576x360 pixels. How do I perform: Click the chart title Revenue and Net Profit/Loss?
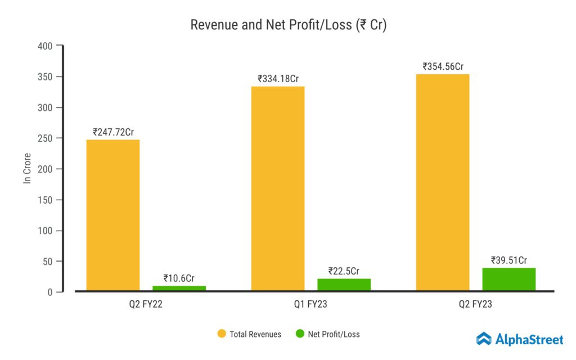coord(288,25)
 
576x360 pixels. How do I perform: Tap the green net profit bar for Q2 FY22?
coord(179,288)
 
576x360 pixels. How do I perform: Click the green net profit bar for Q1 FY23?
coord(344,285)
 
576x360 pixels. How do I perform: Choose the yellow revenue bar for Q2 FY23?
coord(443,183)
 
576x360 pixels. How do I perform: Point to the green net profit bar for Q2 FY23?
coord(508,280)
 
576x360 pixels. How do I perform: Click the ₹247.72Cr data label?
coord(113,132)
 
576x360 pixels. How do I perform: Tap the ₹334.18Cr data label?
coord(278,79)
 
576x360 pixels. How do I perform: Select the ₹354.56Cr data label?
coord(443,66)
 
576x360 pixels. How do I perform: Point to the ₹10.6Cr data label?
coord(179,278)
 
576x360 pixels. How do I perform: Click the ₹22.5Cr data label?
coord(344,271)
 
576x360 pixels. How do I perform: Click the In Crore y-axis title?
coord(26,168)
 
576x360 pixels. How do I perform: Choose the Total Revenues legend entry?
coord(249,334)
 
